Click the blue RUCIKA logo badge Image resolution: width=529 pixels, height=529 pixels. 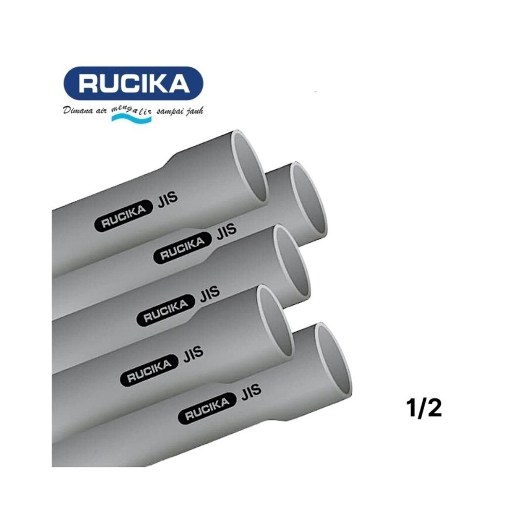coord(133,83)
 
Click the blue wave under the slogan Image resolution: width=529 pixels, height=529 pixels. coord(131,119)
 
